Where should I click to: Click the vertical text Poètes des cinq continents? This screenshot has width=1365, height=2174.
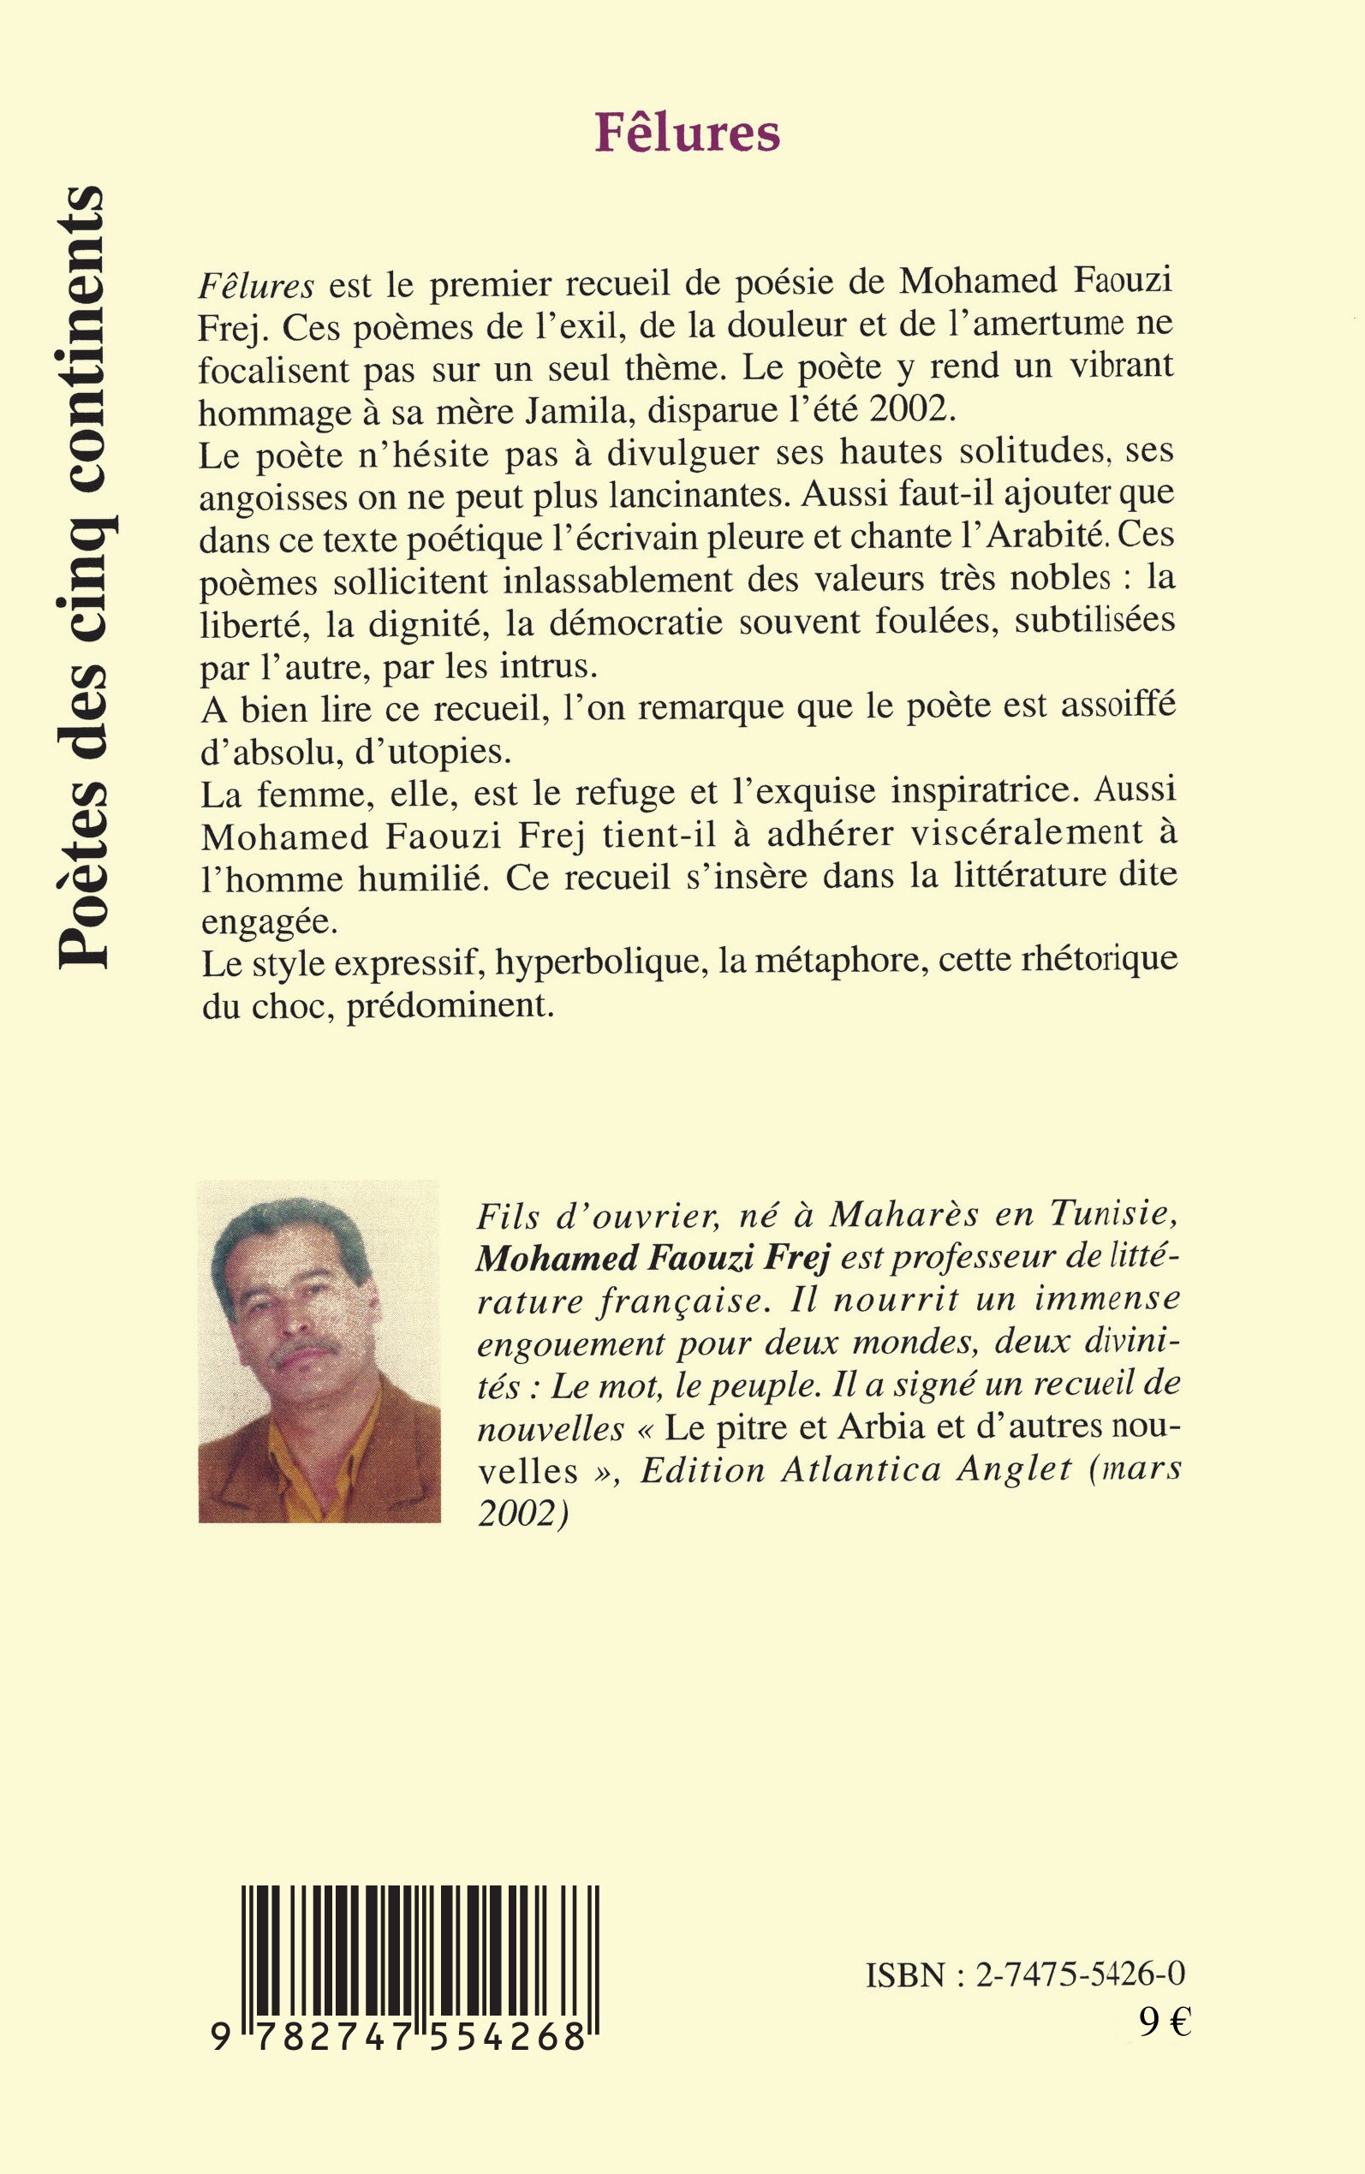(81, 578)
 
